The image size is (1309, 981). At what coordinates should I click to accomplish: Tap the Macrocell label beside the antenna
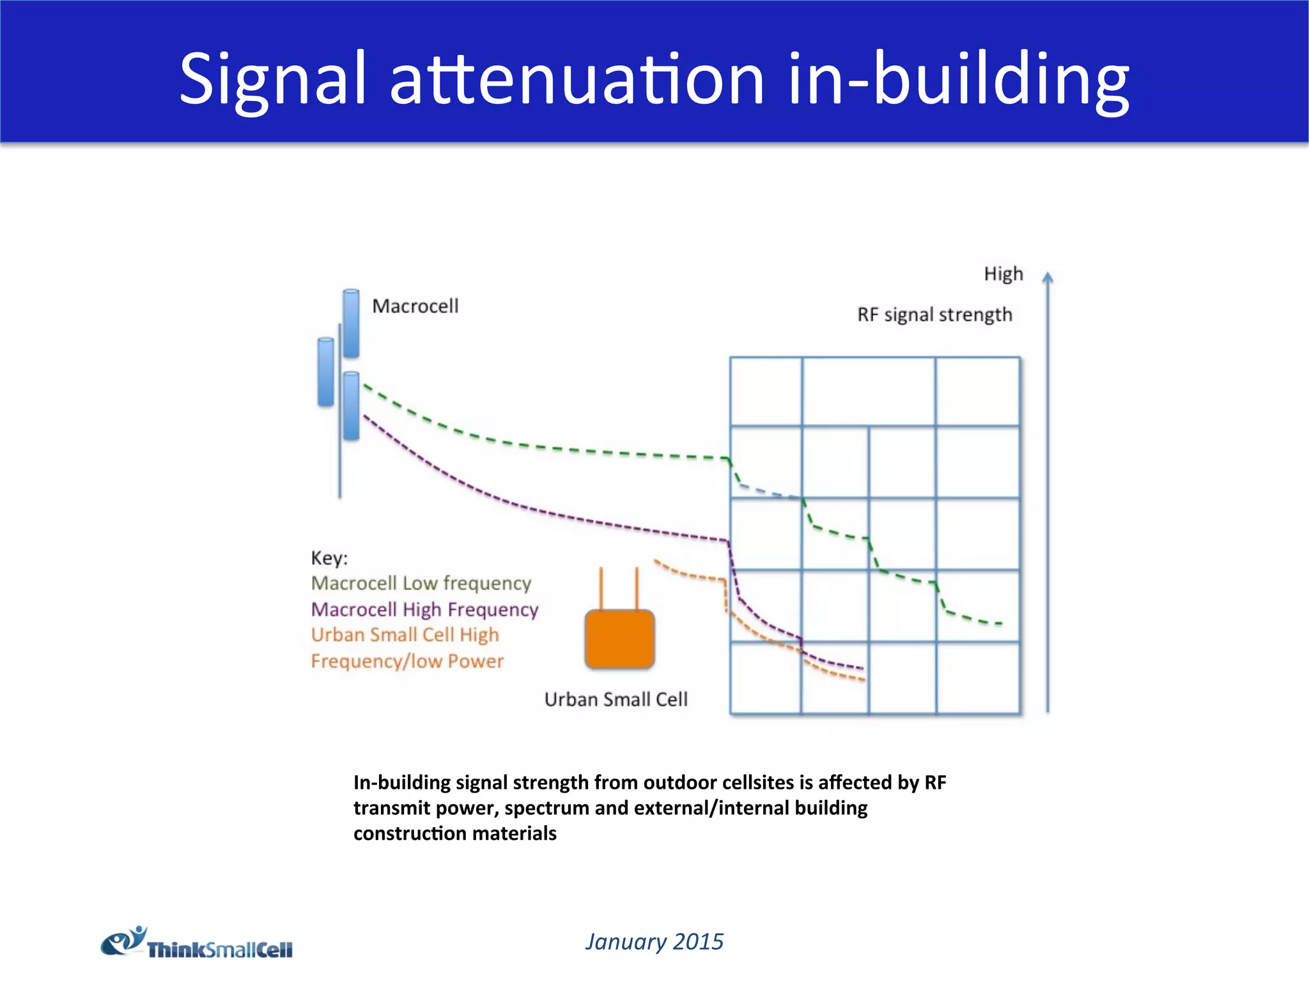(x=415, y=307)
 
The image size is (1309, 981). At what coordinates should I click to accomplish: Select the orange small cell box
(x=619, y=639)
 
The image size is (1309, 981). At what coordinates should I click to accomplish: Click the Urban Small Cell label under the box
(x=616, y=699)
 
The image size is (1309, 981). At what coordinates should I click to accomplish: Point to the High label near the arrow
(x=1003, y=274)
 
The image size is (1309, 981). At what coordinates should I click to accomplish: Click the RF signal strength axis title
(x=934, y=315)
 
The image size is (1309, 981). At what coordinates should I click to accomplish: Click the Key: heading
(x=329, y=558)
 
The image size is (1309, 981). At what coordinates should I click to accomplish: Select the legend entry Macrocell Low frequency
(x=421, y=583)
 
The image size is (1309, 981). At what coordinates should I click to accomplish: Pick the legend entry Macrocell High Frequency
(x=424, y=609)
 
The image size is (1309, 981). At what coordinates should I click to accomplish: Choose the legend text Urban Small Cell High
(x=405, y=635)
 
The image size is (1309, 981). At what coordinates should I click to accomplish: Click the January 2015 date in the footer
(x=654, y=941)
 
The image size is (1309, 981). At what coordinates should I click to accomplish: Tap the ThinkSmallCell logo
(x=197, y=944)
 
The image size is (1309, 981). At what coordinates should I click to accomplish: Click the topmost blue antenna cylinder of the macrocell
(x=351, y=323)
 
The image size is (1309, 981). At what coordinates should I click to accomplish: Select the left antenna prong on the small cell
(x=601, y=588)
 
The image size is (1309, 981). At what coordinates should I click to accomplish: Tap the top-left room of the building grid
(x=766, y=391)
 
